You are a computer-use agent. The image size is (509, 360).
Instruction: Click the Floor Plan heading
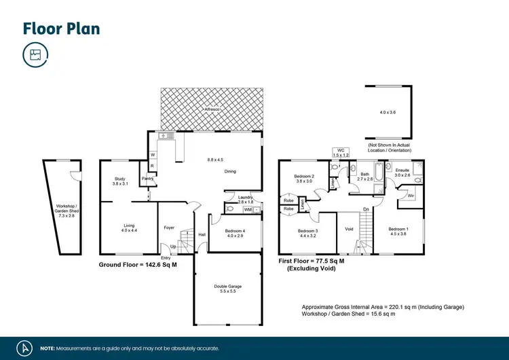tap(61, 28)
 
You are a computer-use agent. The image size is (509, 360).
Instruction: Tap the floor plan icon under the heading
tap(35, 55)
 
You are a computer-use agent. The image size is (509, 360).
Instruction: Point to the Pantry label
tap(147, 179)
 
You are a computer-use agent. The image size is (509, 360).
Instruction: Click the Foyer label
tap(170, 227)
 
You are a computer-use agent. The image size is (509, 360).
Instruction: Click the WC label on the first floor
tap(340, 151)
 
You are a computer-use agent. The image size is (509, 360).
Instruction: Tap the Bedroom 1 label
tap(398, 229)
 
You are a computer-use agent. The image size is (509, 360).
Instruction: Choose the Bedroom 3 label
tap(307, 231)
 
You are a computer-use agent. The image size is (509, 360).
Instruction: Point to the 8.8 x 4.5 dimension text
tap(215, 160)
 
